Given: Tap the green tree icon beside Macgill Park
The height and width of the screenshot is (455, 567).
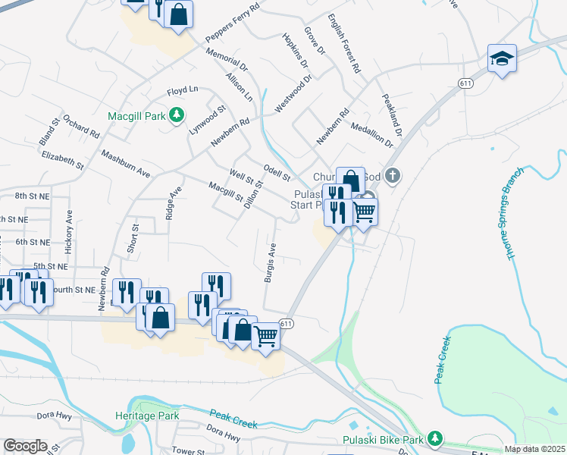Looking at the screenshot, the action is [177, 115].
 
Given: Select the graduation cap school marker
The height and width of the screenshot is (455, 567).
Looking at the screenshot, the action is [501, 59].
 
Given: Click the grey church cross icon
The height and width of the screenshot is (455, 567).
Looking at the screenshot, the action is [392, 176].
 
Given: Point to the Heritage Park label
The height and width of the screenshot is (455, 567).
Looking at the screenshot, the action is [147, 416].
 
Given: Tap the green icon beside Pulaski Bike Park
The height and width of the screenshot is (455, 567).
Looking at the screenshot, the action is [434, 438].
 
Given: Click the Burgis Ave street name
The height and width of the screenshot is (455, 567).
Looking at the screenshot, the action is [269, 263].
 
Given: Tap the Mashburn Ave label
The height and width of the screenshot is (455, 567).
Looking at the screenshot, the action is [126, 163].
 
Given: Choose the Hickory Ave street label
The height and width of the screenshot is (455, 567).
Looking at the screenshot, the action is [69, 231].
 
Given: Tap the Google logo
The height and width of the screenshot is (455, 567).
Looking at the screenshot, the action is [25, 446].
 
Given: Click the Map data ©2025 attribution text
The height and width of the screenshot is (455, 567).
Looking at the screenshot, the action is [534, 450].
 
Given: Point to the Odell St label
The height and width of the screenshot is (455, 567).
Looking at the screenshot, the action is [277, 172].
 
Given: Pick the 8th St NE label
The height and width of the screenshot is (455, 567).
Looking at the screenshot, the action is [32, 196].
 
